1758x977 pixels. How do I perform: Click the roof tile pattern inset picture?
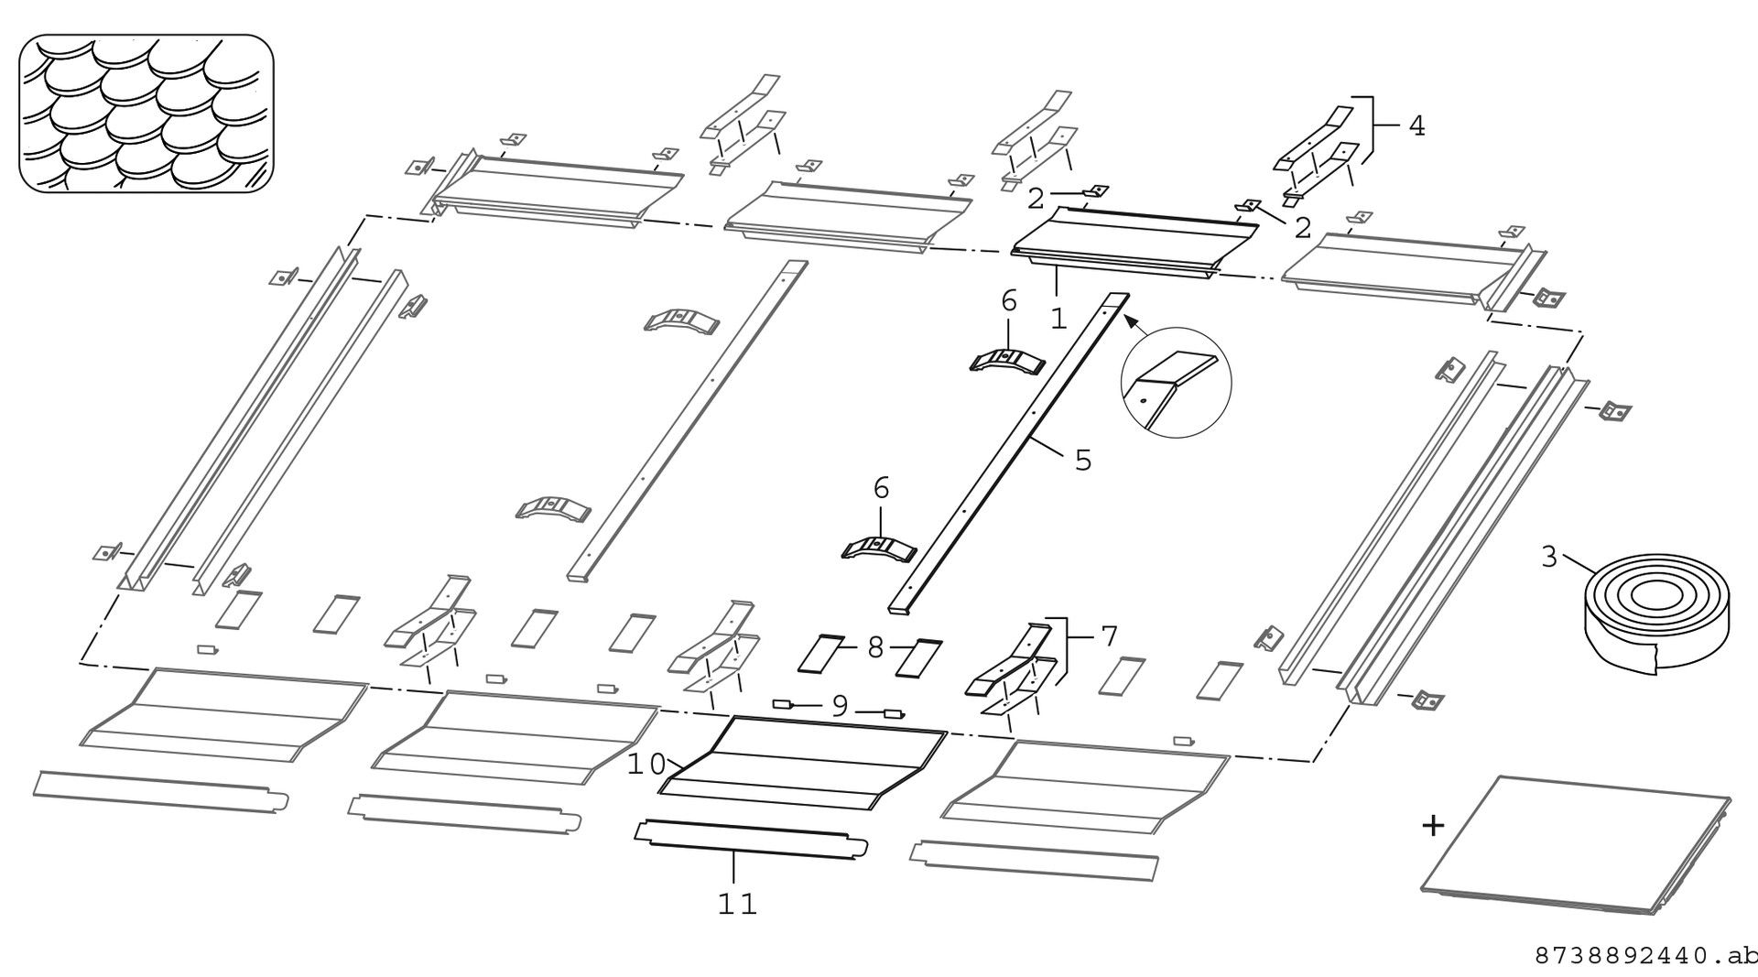click(146, 114)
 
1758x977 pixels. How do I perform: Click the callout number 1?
click(1058, 319)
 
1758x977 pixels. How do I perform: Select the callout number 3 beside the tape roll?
click(1549, 557)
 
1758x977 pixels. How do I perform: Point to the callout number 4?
click(1416, 125)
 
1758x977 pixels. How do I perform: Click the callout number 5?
click(1083, 460)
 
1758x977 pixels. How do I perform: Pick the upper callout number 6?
click(1009, 301)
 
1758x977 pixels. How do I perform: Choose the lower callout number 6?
click(881, 489)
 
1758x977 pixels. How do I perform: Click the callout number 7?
click(1109, 635)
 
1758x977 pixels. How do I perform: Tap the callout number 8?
click(875, 648)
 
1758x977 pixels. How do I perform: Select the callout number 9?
click(840, 706)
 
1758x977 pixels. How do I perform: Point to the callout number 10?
click(646, 765)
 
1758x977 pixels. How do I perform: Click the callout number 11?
click(737, 905)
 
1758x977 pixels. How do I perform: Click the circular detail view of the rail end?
click(1176, 383)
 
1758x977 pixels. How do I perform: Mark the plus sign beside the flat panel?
click(1433, 826)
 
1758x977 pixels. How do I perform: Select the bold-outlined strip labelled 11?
click(752, 839)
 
